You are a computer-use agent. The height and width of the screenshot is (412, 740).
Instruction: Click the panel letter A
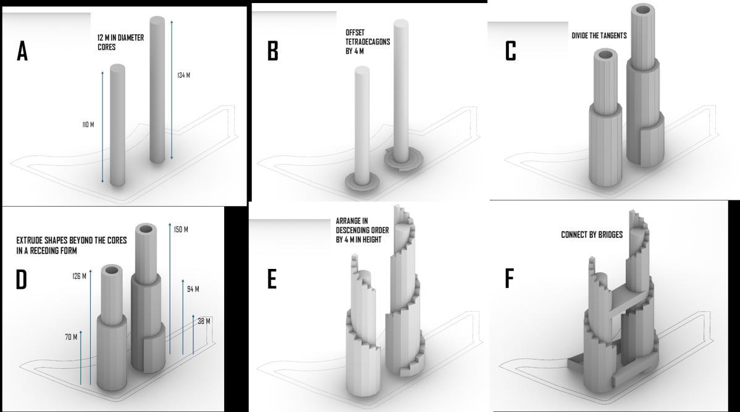22,51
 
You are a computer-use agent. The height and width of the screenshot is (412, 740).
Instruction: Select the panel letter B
273,51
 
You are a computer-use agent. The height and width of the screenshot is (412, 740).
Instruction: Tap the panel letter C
510,51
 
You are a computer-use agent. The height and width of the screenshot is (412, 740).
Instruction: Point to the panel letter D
21,280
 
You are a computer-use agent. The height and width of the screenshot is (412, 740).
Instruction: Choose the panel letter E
272,279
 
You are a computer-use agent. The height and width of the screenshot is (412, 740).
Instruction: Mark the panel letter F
509,278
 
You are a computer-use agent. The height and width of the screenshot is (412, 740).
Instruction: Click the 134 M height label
183,75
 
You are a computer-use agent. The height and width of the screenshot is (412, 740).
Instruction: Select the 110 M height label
88,125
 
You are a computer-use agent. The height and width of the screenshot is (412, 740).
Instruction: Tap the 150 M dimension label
181,229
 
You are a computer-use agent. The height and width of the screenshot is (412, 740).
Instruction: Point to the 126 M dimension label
79,276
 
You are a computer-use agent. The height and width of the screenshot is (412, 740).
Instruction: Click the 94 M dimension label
193,289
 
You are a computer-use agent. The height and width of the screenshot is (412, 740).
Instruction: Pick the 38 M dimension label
204,321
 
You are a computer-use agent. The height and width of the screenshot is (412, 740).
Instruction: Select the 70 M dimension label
71,337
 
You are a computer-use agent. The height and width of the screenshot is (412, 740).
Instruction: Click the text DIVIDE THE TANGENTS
599,35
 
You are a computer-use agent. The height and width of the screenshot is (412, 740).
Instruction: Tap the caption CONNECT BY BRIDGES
592,234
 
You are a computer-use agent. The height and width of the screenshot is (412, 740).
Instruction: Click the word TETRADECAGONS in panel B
368,41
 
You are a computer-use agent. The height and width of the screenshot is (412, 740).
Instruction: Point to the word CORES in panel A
107,47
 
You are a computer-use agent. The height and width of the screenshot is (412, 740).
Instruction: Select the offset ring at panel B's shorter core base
362,182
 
